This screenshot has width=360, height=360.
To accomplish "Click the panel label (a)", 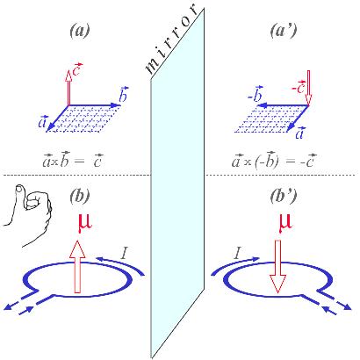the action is click(80, 31).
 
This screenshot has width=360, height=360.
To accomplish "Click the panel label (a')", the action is click(283, 31).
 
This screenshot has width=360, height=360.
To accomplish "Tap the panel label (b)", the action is click(80, 197).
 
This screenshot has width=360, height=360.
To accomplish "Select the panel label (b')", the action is click(283, 197).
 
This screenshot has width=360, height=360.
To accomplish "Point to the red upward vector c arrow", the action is click(68, 87).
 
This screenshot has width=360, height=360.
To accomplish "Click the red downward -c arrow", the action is click(308, 87).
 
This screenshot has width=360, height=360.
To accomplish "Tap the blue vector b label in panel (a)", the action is click(124, 95).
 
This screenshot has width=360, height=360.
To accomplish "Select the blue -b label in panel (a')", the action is click(256, 94).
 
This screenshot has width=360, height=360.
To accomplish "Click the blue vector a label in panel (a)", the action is click(42, 122).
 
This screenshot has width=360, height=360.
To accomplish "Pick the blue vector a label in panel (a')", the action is click(299, 133).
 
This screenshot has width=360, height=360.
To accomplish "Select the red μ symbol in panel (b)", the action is click(84, 223).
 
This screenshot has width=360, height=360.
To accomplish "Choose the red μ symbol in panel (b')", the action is click(285, 223).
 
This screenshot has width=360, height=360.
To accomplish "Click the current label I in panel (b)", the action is click(124, 253).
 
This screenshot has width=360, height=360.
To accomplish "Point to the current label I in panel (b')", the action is click(238, 253).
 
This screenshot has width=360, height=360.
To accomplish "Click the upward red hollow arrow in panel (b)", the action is click(77, 266).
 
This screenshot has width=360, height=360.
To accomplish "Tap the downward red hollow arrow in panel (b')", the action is click(277, 266).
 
